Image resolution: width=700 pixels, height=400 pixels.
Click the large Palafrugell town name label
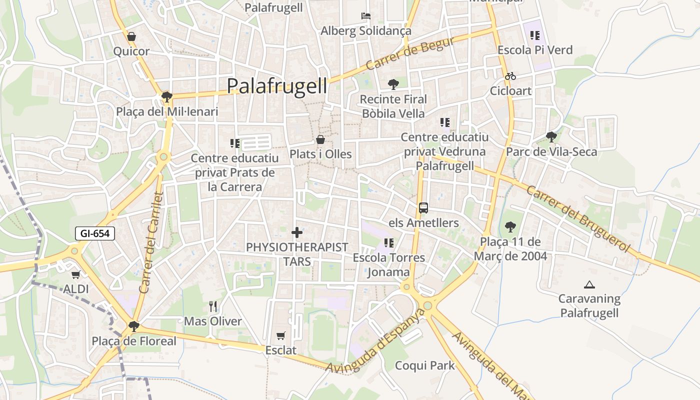click(x=277, y=85)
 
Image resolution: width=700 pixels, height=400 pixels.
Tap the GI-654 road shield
click(x=95, y=233)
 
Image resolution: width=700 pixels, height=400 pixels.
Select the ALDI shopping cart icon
click(x=75, y=274)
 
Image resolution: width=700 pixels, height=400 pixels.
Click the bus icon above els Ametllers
click(x=423, y=207)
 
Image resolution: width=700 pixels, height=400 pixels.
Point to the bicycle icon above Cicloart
click(x=510, y=76)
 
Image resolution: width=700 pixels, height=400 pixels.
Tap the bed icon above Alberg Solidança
click(x=366, y=16)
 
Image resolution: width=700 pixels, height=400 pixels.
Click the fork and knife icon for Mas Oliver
click(x=213, y=306)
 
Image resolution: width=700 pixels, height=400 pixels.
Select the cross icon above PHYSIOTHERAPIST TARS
click(x=297, y=232)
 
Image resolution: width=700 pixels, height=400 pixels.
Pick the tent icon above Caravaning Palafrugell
click(x=589, y=285)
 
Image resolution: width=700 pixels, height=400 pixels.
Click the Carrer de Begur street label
click(x=410, y=53)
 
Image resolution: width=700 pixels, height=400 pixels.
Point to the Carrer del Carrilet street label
click(x=151, y=242)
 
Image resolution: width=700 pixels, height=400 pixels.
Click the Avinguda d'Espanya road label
click(x=375, y=341)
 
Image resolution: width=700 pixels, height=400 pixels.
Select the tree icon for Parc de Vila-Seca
click(x=551, y=136)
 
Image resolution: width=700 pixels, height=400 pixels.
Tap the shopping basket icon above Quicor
click(x=131, y=36)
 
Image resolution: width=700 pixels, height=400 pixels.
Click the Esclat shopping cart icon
click(x=281, y=335)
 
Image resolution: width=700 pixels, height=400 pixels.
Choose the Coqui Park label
click(x=425, y=365)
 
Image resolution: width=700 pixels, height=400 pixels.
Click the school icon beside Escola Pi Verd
click(x=535, y=35)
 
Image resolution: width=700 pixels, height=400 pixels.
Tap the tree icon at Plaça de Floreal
click(x=133, y=326)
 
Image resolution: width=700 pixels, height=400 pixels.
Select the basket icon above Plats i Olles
click(x=320, y=139)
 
